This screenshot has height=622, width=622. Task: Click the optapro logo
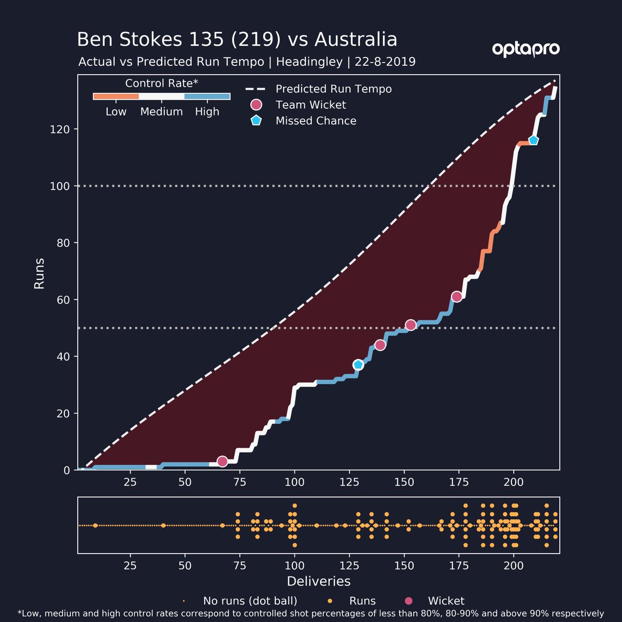(526, 49)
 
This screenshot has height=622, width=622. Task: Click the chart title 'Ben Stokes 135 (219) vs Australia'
(237, 40)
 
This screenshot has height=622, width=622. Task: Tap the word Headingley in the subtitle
(309, 62)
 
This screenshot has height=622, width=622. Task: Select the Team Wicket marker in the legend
(256, 105)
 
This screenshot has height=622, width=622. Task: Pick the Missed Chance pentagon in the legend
(256, 121)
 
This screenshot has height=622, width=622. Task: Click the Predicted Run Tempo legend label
(333, 89)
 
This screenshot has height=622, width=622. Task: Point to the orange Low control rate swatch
(116, 96)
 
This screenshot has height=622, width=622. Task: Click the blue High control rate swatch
(207, 96)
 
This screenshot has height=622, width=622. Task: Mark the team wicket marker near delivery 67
(222, 461)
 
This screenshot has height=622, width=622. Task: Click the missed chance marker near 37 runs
(358, 365)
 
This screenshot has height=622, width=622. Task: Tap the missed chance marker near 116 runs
(533, 140)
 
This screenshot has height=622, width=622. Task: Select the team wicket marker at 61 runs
(457, 296)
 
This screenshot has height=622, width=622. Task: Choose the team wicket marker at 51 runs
(411, 325)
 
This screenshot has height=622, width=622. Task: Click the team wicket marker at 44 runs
(380, 345)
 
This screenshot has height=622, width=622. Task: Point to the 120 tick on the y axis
(60, 129)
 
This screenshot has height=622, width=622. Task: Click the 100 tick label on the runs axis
(60, 186)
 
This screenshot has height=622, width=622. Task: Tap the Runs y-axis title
(39, 273)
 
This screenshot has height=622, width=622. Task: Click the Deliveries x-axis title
(318, 581)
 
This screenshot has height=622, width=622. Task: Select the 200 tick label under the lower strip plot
(514, 565)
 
